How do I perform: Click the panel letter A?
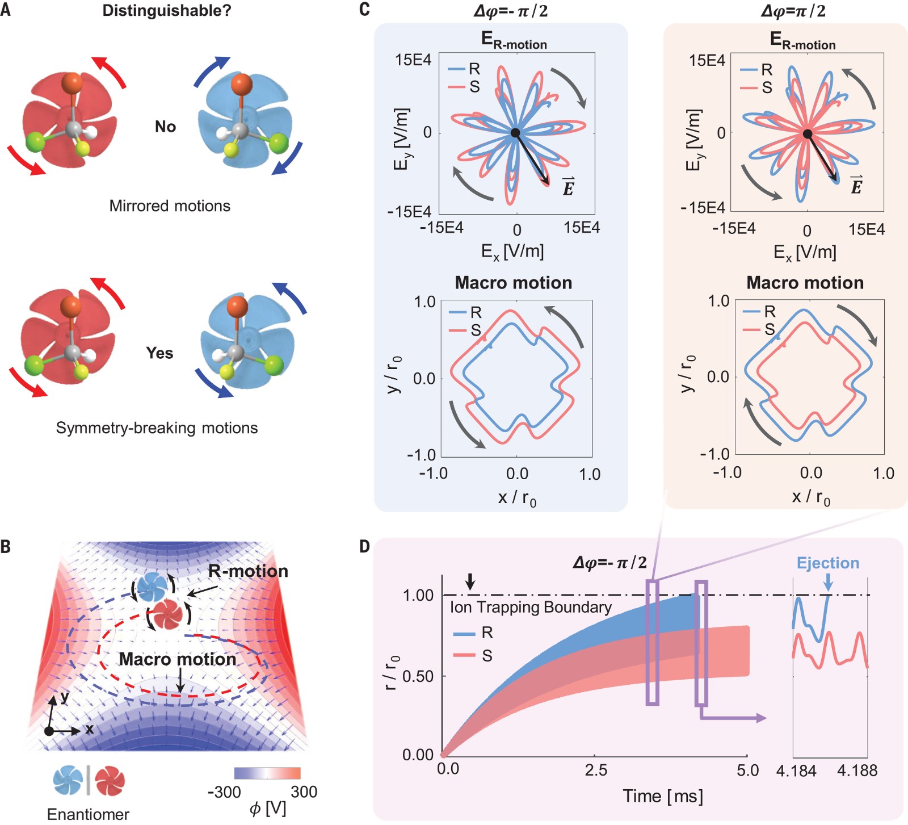[x=6, y=10]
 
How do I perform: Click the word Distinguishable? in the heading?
[x=167, y=10]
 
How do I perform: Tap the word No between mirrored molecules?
[x=165, y=127]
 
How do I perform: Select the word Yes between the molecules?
[x=159, y=353]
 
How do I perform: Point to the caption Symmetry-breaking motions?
[x=157, y=428]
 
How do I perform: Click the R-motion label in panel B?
[x=248, y=571]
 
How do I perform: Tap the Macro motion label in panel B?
[x=177, y=659]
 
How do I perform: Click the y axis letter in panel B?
[x=65, y=696]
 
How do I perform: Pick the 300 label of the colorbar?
[x=304, y=792]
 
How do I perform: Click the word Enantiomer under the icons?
[x=88, y=814]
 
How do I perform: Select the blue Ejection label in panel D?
[x=828, y=563]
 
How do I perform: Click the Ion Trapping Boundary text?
[x=531, y=607]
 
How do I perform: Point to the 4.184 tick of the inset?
[x=796, y=770]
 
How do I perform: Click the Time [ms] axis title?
[x=662, y=796]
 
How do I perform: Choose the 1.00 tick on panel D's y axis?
[x=418, y=595]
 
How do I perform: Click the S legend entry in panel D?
[x=487, y=656]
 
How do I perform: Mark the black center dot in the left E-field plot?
[x=515, y=133]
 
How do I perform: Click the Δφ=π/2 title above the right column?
[x=793, y=11]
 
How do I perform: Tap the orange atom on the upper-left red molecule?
[x=72, y=83]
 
